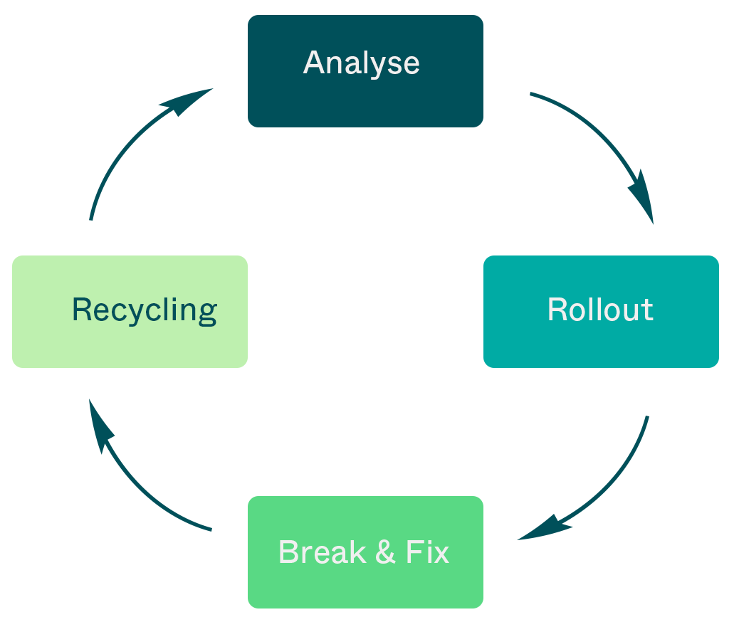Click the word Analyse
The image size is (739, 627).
(x=362, y=63)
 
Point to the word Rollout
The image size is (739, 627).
(x=600, y=310)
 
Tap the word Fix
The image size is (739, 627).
(x=427, y=552)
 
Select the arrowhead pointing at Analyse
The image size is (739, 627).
(x=187, y=102)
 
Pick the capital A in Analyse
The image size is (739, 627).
(x=315, y=63)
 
